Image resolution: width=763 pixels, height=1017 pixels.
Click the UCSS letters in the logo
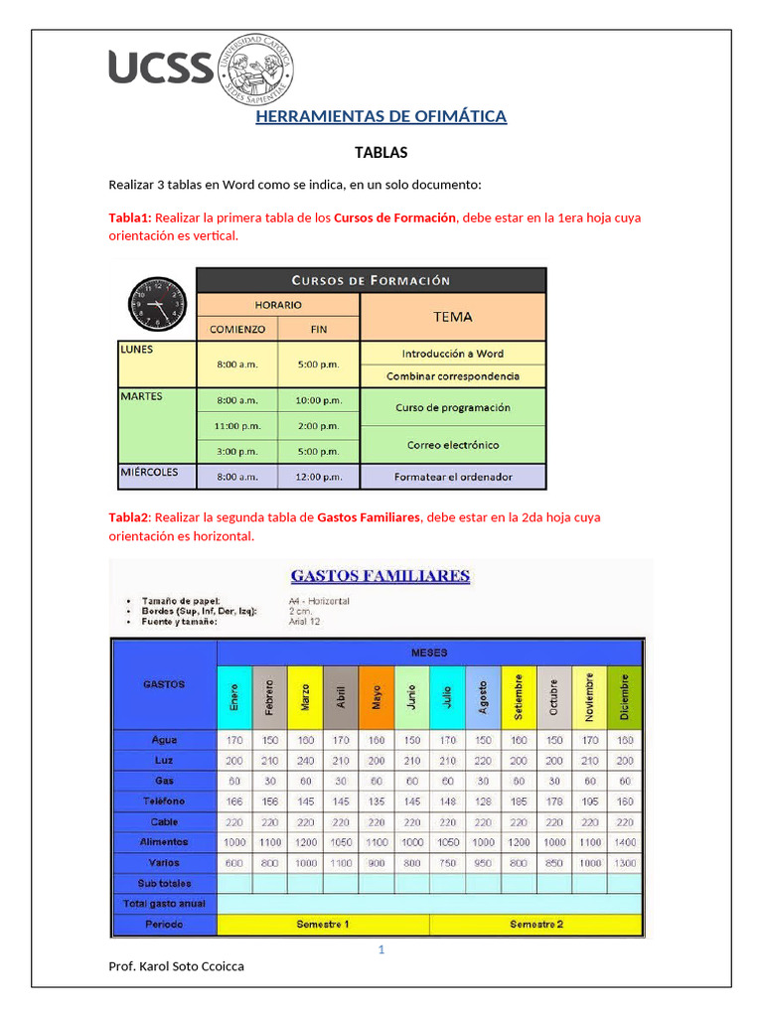coord(160,68)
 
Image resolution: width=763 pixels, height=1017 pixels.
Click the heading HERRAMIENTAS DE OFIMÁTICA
coord(381,117)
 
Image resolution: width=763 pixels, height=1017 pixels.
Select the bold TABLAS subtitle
coord(381,153)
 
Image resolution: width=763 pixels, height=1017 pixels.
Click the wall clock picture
coord(156,303)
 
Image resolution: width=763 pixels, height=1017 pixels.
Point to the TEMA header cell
coord(452,317)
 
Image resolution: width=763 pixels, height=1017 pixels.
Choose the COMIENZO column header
coord(236,329)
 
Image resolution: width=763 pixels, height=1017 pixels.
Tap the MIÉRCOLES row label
coord(150,472)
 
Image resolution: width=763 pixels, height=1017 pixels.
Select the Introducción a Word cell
coord(452,354)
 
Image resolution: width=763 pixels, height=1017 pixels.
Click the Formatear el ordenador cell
coord(452,477)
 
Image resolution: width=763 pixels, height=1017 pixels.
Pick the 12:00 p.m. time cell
coord(318,477)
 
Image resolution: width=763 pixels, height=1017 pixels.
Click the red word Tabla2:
coord(129,517)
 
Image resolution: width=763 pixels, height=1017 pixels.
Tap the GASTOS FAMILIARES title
coord(381,576)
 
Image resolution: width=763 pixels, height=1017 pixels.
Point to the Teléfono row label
coord(164,800)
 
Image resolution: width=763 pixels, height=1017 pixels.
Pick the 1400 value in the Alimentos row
coord(625,842)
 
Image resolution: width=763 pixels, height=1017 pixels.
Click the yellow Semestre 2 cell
coord(536,925)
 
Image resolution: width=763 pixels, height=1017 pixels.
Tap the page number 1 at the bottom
coord(381,949)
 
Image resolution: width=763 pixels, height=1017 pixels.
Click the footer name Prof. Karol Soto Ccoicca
coord(176,966)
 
